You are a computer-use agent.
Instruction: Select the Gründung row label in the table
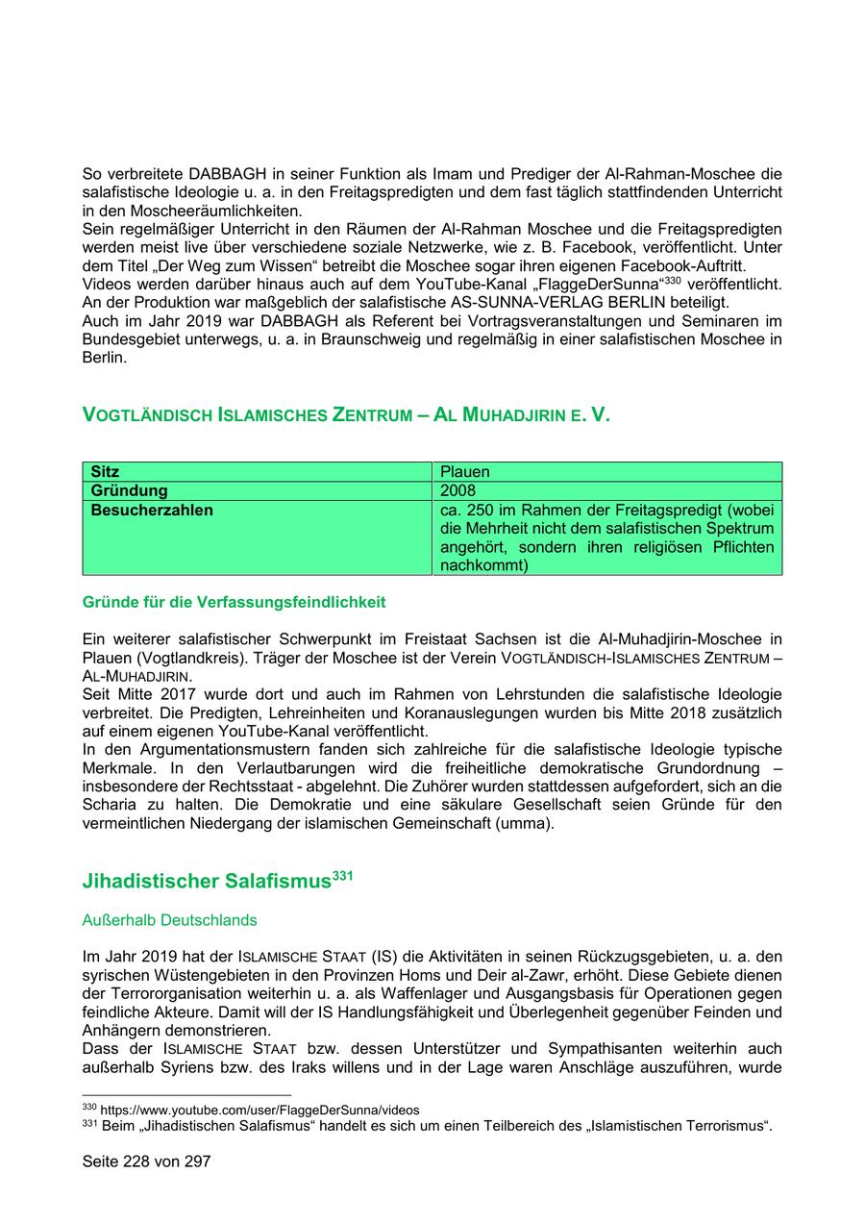[129, 491]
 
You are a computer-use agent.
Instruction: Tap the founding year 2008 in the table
[457, 491]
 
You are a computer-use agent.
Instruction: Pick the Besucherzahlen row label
[152, 510]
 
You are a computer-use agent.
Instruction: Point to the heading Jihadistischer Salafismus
[207, 881]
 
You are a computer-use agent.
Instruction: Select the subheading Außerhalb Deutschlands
[170, 920]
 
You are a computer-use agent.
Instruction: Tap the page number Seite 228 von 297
[146, 1162]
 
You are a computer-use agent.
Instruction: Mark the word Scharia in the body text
[108, 804]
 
